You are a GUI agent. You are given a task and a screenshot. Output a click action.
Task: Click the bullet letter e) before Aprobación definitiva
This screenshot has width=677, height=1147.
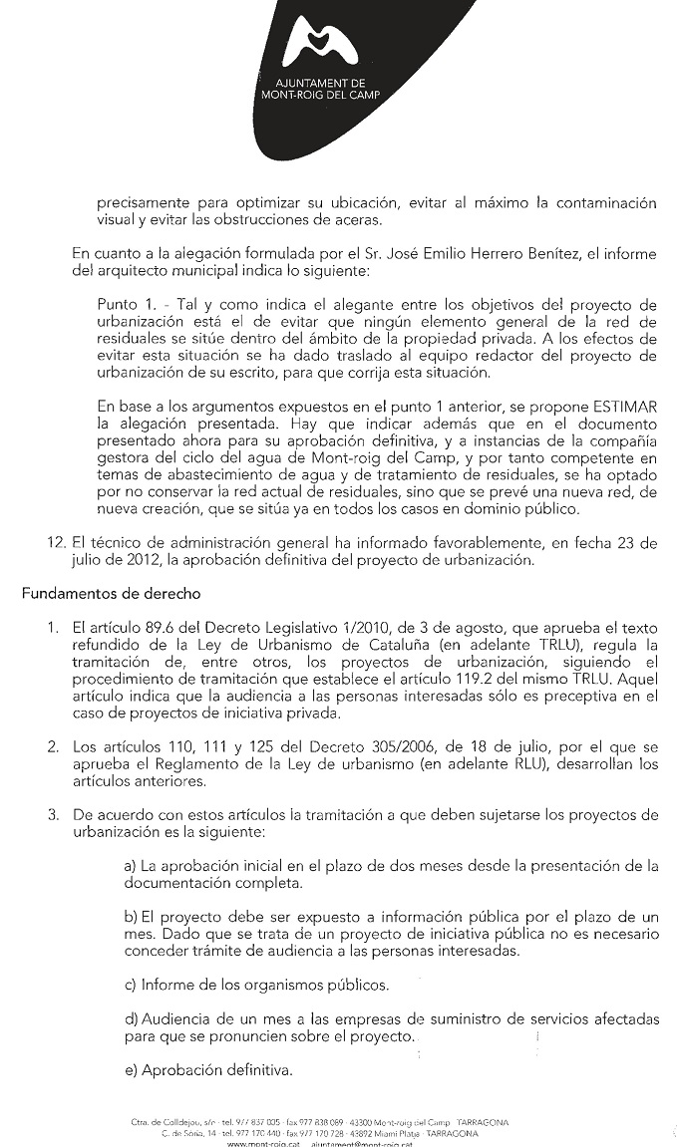coord(131,1071)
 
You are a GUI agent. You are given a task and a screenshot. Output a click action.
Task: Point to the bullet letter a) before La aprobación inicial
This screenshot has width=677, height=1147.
coord(131,866)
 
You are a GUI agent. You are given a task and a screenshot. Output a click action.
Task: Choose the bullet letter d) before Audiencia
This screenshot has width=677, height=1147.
coord(131,1020)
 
